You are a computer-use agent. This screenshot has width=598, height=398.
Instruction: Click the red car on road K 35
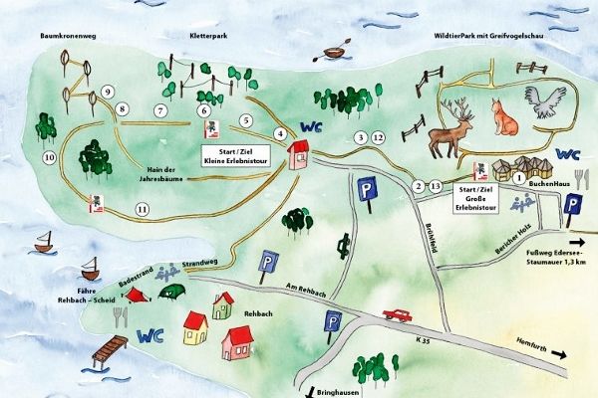click(x=397, y=314)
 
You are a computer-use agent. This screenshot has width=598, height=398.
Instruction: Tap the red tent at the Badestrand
click(x=139, y=295)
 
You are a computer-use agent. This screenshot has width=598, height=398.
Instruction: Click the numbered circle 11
click(x=144, y=210)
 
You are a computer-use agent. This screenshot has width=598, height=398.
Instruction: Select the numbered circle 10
click(x=47, y=158)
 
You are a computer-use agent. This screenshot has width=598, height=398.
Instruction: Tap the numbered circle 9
click(x=108, y=93)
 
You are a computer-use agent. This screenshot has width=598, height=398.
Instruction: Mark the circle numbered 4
click(x=281, y=133)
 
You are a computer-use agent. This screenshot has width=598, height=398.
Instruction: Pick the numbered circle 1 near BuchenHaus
click(x=518, y=178)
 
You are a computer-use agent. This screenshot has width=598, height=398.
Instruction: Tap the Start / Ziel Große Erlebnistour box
click(x=476, y=198)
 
